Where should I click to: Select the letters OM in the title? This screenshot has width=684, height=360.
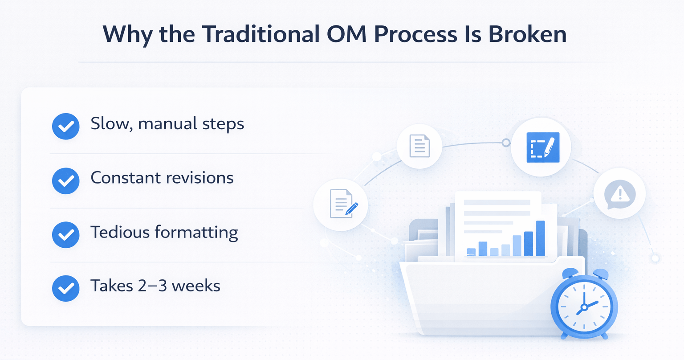point(346,34)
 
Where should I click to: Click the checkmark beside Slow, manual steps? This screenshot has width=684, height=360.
point(66,127)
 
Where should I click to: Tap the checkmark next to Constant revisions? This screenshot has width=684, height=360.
point(66,181)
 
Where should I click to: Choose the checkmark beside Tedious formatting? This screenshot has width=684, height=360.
point(66,235)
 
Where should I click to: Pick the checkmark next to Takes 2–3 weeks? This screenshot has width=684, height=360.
point(66,288)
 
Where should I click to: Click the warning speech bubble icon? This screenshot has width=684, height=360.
point(619,193)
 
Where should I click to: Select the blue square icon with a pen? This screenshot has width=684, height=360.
point(541,147)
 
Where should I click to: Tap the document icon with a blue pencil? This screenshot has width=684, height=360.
point(341,204)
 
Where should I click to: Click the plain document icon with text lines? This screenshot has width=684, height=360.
point(419,146)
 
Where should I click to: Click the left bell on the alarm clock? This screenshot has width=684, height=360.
point(570,274)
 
